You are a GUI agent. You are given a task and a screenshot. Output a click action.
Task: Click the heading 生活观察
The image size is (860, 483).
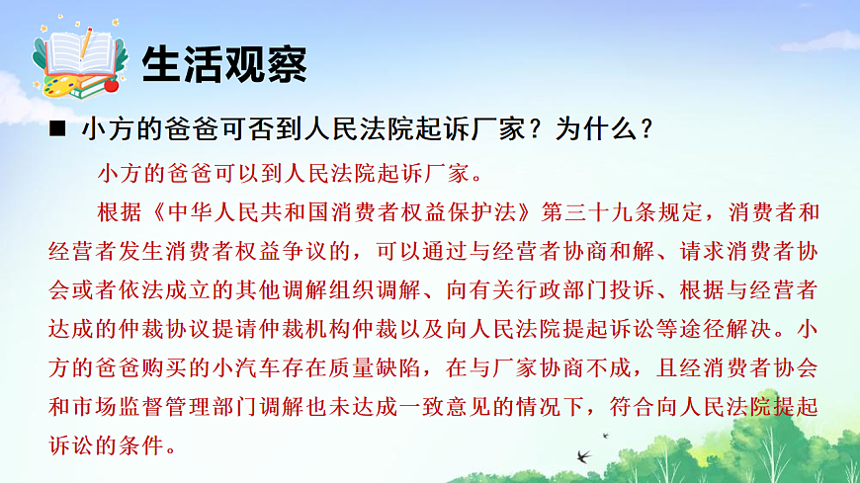point(224,64)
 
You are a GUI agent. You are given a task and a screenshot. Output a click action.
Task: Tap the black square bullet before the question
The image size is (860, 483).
point(57,129)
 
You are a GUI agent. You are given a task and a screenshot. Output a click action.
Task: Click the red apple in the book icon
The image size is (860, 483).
point(111,85)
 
